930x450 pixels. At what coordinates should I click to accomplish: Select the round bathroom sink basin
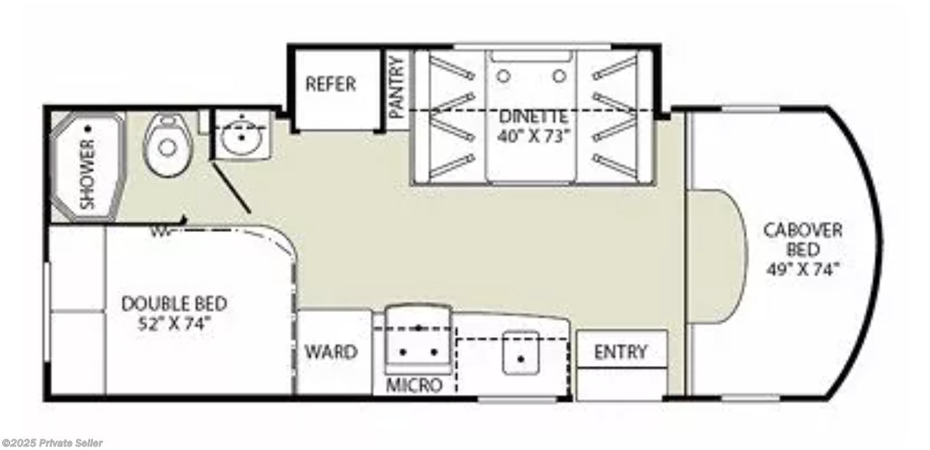(x=240, y=139)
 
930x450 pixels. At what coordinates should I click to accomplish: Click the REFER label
(x=330, y=84)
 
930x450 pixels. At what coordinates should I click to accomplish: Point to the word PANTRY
(x=396, y=87)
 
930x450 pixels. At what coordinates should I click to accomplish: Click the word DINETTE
(x=533, y=116)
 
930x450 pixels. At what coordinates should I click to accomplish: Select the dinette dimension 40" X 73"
(x=534, y=135)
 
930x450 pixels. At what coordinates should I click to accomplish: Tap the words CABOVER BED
(x=803, y=240)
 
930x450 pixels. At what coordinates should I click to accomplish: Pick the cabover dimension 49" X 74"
(x=803, y=270)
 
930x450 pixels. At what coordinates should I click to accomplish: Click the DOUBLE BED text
(x=174, y=303)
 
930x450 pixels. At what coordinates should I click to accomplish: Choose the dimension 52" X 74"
(x=174, y=322)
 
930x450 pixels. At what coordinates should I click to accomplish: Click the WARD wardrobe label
(x=330, y=352)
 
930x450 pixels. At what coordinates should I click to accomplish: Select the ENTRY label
(x=620, y=352)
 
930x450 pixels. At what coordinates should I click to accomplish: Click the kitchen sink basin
(x=521, y=353)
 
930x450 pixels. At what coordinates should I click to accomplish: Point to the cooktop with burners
(x=418, y=342)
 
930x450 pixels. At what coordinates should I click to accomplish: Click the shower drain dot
(x=87, y=127)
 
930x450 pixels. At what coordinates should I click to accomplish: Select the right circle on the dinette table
(x=559, y=77)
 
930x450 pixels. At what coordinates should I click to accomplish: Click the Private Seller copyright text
(x=52, y=443)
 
